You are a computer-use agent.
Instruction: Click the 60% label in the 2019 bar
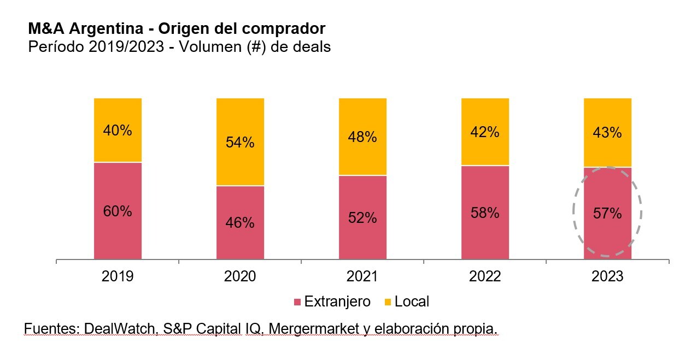(x=118, y=211)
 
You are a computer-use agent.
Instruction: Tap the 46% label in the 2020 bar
(x=240, y=223)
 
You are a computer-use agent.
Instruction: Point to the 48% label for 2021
(x=362, y=137)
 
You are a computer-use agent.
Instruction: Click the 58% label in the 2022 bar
(x=485, y=213)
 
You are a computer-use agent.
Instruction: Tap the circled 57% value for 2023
(x=607, y=213)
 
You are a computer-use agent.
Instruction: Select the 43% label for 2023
(x=607, y=133)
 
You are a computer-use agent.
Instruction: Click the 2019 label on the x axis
(x=118, y=277)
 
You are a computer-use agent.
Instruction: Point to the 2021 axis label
(x=362, y=277)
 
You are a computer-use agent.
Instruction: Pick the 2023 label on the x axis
(x=607, y=277)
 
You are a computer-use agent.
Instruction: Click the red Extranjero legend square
(x=297, y=302)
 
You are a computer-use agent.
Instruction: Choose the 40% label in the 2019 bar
(x=118, y=131)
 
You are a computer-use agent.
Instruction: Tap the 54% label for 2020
(x=240, y=143)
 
